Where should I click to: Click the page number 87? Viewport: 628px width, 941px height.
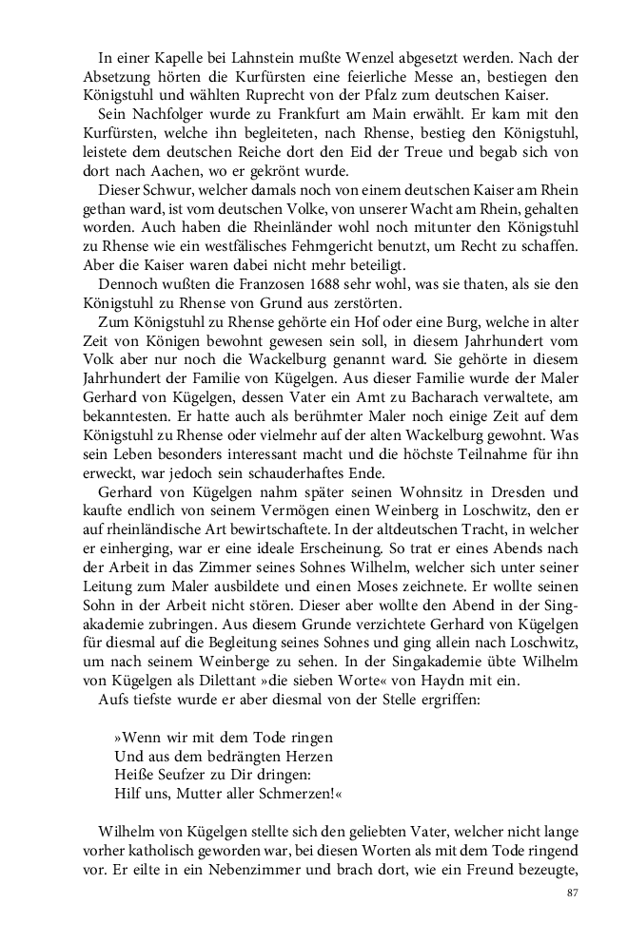[571, 893]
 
